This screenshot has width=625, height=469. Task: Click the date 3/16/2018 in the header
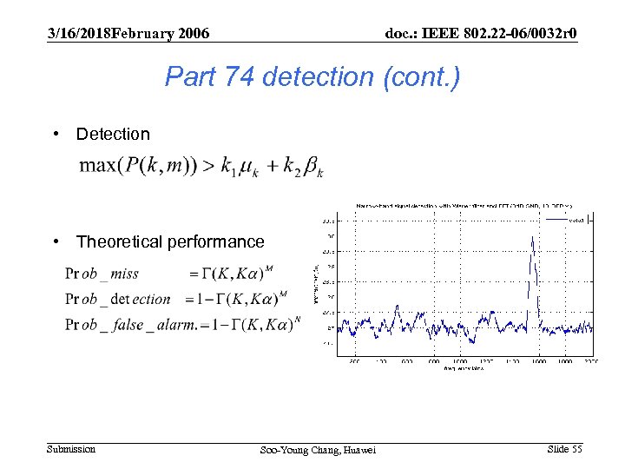[x=81, y=34]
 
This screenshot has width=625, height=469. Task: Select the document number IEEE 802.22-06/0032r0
[x=482, y=34]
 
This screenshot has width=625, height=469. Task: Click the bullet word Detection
[x=113, y=134]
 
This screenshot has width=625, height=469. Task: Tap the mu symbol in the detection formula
[x=247, y=167]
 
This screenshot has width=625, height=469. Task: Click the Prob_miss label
[x=102, y=274]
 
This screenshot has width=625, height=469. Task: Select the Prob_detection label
[x=118, y=299]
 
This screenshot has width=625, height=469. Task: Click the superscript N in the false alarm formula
[x=298, y=318]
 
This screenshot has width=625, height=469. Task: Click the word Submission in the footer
[x=71, y=449]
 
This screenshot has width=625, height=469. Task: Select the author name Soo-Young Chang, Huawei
[x=319, y=450]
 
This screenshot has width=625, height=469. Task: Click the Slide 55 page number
[x=565, y=449]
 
